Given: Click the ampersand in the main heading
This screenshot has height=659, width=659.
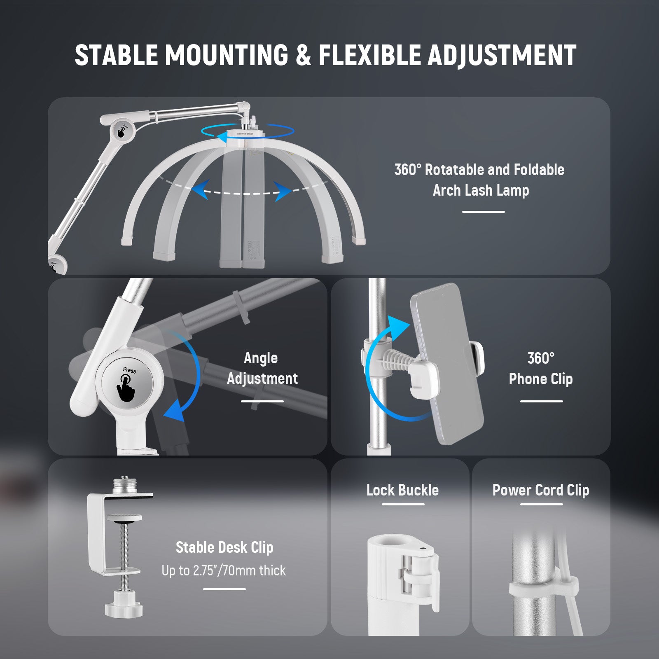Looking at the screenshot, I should [x=303, y=55].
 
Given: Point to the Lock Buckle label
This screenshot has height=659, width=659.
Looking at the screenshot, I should [x=402, y=490].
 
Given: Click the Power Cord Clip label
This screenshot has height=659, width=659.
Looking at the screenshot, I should [x=540, y=490].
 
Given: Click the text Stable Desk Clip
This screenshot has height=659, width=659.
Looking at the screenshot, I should [x=224, y=547].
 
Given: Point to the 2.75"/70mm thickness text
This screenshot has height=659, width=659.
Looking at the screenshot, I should [x=224, y=570].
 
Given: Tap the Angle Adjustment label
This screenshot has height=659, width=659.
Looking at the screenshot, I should [x=262, y=368].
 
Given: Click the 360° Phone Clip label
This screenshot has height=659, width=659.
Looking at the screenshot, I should [x=540, y=368].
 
